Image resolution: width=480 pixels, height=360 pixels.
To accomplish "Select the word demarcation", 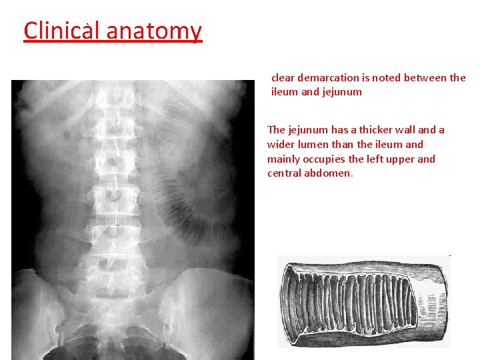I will pyautogui.click(x=330, y=78).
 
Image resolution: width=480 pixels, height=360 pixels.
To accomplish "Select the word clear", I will pyautogui.click(x=283, y=78).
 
